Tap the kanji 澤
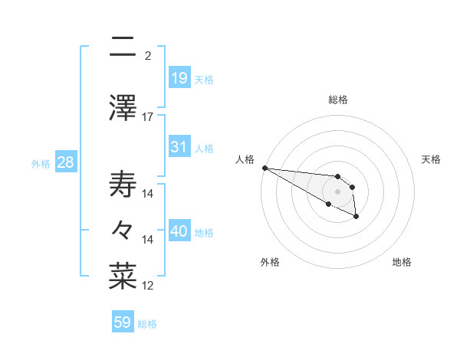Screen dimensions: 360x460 pyautogui.click(x=123, y=107)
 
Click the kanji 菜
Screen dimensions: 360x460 pyautogui.click(x=123, y=277)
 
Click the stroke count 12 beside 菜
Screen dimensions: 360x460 pyautogui.click(x=148, y=286)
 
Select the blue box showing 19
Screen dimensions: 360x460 pyautogui.click(x=179, y=77)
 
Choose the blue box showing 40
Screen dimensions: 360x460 pyautogui.click(x=179, y=231)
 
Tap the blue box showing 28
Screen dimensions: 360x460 pyautogui.click(x=65, y=162)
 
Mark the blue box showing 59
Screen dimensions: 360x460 pyautogui.click(x=122, y=322)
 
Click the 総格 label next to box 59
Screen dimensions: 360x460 pyautogui.click(x=147, y=324)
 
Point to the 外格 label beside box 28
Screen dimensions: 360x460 pyautogui.click(x=41, y=163)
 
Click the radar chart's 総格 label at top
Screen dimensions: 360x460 pyautogui.click(x=338, y=100)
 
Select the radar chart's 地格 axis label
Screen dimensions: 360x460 pyautogui.click(x=402, y=262)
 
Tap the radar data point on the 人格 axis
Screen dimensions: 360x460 pyautogui.click(x=264, y=168)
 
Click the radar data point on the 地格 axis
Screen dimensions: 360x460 pyautogui.click(x=356, y=217)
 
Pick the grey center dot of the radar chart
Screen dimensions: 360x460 pyautogui.click(x=338, y=191)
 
